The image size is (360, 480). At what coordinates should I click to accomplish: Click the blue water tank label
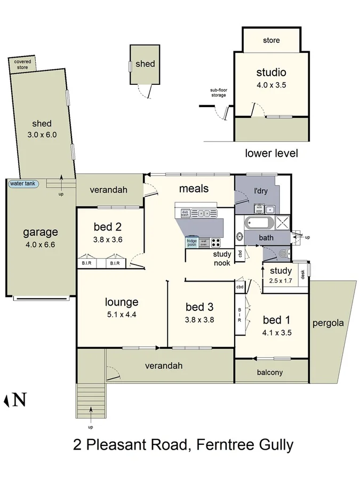pyautogui.click(x=23, y=184)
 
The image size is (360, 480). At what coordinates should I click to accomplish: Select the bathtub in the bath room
pyautogui.click(x=260, y=223)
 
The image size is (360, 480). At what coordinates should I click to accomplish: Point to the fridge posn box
pyautogui.click(x=191, y=242)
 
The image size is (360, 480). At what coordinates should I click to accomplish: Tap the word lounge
pyautogui.click(x=122, y=302)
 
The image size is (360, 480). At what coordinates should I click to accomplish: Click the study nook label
pyautogui.click(x=222, y=258)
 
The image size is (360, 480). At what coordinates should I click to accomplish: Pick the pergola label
pyautogui.click(x=328, y=323)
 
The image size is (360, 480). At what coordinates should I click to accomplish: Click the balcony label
pyautogui.click(x=270, y=373)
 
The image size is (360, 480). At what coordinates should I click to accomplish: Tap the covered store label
pyautogui.click(x=22, y=65)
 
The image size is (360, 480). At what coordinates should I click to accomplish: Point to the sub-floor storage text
pyautogui.click(x=218, y=93)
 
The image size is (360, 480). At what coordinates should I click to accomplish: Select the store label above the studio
pyautogui.click(x=271, y=41)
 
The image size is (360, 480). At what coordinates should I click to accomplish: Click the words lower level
pyautogui.click(x=271, y=154)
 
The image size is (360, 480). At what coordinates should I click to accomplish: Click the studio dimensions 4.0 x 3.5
pyautogui.click(x=271, y=84)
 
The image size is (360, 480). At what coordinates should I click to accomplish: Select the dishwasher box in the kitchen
pyautogui.click(x=185, y=213)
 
